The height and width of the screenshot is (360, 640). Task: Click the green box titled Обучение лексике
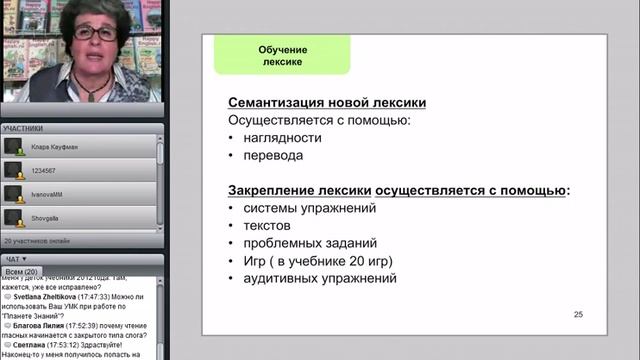point(281,56)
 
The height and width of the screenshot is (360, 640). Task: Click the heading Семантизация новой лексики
point(327,102)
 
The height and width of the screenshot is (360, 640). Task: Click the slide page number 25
point(578,315)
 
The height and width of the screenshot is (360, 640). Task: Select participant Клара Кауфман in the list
point(56,146)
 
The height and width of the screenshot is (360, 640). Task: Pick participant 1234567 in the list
point(46,169)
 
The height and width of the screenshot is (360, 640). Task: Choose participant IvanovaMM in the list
point(50,192)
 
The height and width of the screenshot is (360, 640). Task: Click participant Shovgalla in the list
point(48,214)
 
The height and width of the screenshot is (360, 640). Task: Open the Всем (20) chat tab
point(21,272)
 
